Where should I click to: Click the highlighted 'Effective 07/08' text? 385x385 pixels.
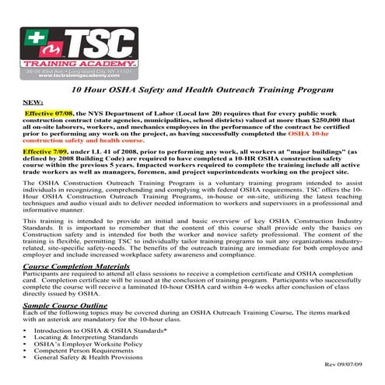[48, 113]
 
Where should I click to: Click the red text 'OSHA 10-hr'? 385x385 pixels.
[331, 135]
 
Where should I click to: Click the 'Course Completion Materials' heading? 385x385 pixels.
[75, 266]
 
